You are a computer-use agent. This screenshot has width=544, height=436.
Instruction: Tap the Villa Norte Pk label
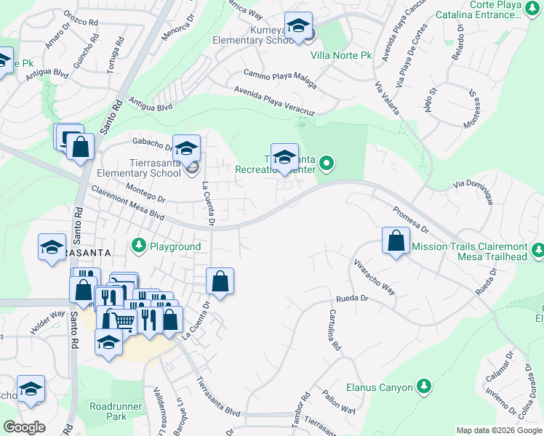click(340, 55)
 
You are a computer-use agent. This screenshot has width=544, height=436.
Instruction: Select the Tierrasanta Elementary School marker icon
click(186, 149)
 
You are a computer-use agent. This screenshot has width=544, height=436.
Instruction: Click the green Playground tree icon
click(139, 246)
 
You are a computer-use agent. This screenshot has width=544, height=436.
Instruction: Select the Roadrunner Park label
click(108, 411)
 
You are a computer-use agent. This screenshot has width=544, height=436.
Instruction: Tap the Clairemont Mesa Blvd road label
click(127, 206)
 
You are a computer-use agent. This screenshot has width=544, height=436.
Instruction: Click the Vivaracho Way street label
click(375, 277)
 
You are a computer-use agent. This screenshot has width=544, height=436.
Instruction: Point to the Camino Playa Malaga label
click(280, 79)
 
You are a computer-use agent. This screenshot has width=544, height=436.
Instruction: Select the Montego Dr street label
click(145, 196)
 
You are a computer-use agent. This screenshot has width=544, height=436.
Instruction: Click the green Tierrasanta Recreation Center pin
click(327, 163)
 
